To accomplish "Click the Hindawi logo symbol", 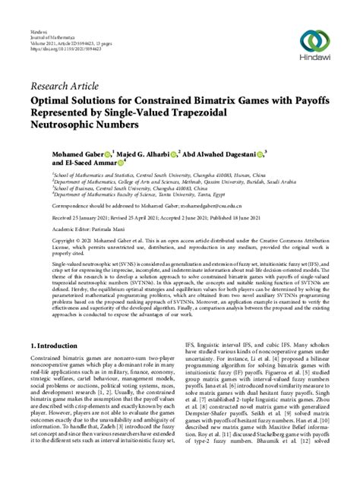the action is pos(312,40).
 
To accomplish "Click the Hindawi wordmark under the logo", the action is pos(312,63).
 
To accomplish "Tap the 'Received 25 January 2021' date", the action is pos(83,216).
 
